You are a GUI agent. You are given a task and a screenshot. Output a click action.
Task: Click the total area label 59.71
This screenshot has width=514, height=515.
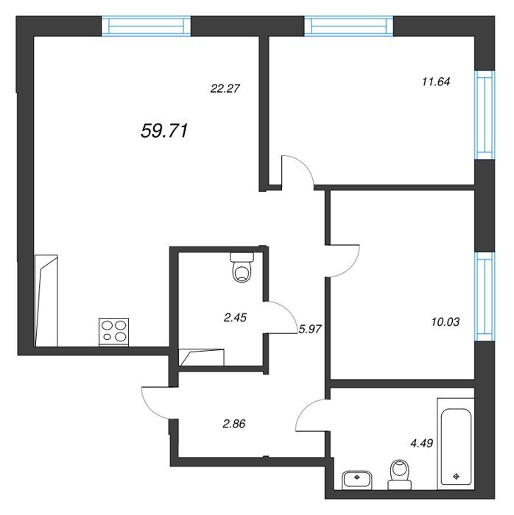pos(164,131)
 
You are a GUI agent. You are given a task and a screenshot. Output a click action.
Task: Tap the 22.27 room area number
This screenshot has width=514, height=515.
pos(225,88)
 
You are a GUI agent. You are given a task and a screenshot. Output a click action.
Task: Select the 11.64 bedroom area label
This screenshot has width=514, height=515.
pos(436,82)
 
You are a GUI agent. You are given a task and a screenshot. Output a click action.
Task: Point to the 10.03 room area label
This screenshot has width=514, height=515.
pos(446,322)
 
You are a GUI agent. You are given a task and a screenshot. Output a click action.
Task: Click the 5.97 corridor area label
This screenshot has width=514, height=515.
pos(309,329)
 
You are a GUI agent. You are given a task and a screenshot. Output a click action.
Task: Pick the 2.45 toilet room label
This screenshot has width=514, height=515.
pos(235,318)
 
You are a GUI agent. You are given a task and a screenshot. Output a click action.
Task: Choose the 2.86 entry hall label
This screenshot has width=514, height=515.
pos(233,424)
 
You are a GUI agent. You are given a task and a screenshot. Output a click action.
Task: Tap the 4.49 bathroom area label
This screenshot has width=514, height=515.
pos(422,444)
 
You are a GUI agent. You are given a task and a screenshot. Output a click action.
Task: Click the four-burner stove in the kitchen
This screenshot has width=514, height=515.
pos(113,332)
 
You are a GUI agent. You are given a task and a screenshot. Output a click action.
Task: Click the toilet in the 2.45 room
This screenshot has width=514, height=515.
pos(242,267)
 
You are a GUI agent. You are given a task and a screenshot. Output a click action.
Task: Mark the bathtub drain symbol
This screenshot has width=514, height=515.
pos(456,476)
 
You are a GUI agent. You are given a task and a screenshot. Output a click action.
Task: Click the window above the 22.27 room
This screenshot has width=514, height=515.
pos(146,26)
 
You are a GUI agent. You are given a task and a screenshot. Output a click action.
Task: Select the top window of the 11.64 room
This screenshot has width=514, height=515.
pos(349,26)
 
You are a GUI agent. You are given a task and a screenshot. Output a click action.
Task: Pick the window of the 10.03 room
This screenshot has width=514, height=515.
pos(485,296)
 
